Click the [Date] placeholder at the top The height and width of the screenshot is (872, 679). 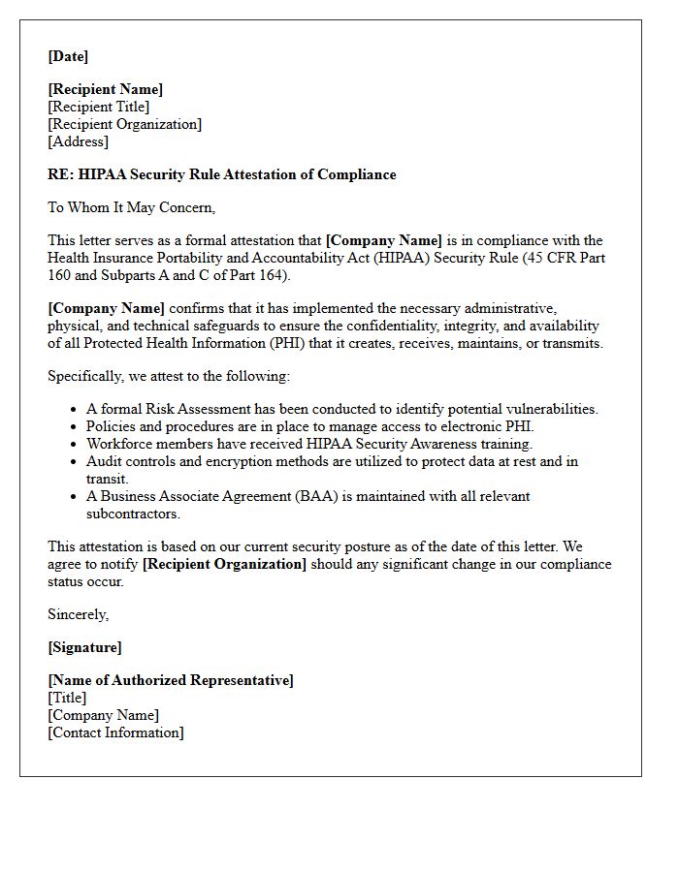coord(68,56)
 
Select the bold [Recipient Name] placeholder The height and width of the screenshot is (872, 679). coord(106,89)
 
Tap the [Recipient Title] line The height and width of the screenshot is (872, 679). coord(99,107)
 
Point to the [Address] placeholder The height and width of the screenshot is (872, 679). coord(79,141)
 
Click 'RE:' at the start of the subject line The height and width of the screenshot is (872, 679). coord(60,174)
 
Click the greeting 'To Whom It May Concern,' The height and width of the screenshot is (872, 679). coord(132,207)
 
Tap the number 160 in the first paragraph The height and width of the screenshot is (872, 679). coord(60,275)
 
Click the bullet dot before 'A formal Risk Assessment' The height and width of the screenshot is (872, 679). coord(74,410)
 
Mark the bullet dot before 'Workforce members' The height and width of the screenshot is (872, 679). coord(74,445)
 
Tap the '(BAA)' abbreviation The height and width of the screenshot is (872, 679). coord(315,496)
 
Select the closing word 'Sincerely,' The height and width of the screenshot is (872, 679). coord(79,614)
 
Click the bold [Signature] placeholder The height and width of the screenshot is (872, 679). coord(85,647)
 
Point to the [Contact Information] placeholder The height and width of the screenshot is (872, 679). coord(115,732)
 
